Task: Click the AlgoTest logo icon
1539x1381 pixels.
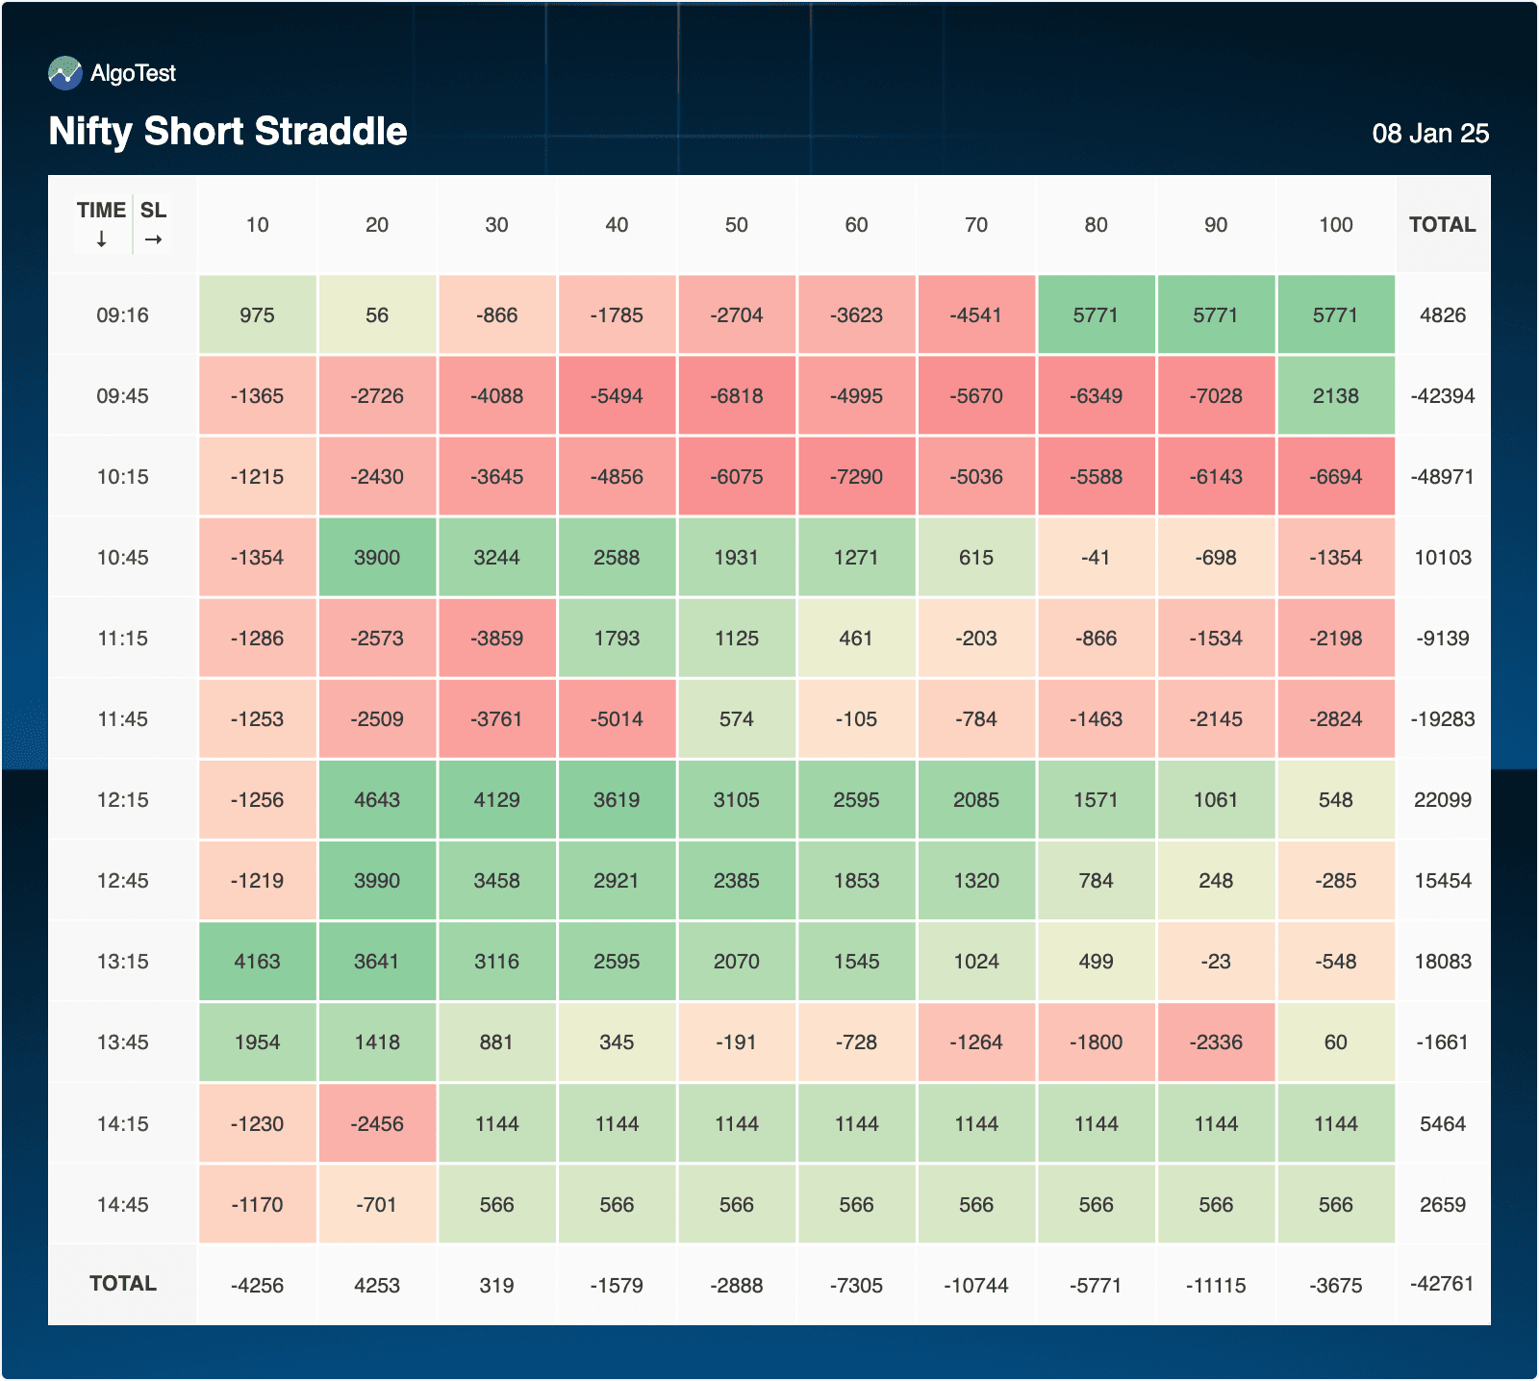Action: [65, 73]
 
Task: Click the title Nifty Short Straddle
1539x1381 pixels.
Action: [228, 132]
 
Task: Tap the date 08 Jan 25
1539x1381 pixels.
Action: [1429, 134]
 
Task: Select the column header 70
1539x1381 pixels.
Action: [975, 225]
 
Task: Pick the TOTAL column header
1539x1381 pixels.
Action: [1442, 225]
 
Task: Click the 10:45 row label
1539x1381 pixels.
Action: [122, 558]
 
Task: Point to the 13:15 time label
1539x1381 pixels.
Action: [122, 962]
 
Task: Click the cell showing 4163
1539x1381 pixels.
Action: [257, 962]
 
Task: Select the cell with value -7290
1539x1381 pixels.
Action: [856, 477]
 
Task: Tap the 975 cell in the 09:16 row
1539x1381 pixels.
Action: [257, 315]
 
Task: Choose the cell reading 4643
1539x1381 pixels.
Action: [377, 800]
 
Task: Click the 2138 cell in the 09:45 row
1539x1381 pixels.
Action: [1335, 396]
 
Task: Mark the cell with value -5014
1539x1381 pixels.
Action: [617, 719]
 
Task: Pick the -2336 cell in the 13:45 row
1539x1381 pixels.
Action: [1216, 1042]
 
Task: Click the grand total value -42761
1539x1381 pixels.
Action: [1442, 1284]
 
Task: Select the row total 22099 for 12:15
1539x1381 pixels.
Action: [1442, 800]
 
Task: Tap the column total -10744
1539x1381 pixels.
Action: [975, 1286]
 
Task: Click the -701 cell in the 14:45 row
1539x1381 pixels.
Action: [377, 1205]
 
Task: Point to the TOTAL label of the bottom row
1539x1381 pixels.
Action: [122, 1284]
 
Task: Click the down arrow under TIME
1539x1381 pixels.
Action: [101, 239]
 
